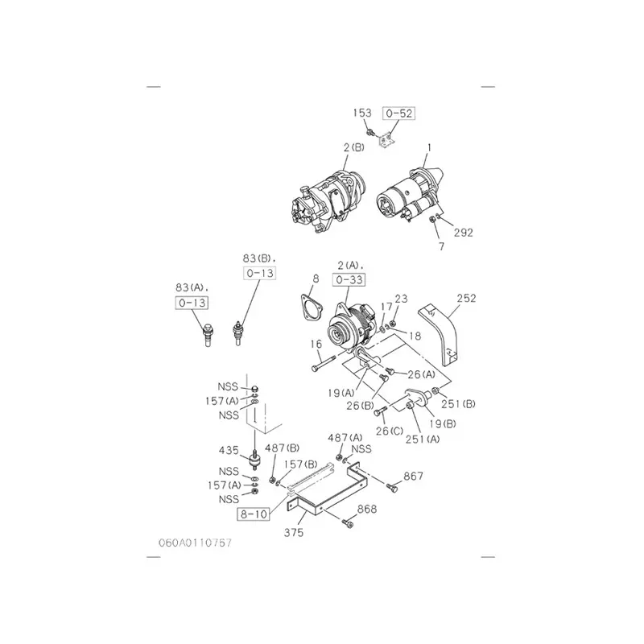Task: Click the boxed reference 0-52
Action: coord(398,113)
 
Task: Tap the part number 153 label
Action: coord(362,113)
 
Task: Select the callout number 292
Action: coord(464,233)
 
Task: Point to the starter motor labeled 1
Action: coord(411,194)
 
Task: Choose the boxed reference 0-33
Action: coord(349,279)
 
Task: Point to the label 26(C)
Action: coord(390,431)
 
